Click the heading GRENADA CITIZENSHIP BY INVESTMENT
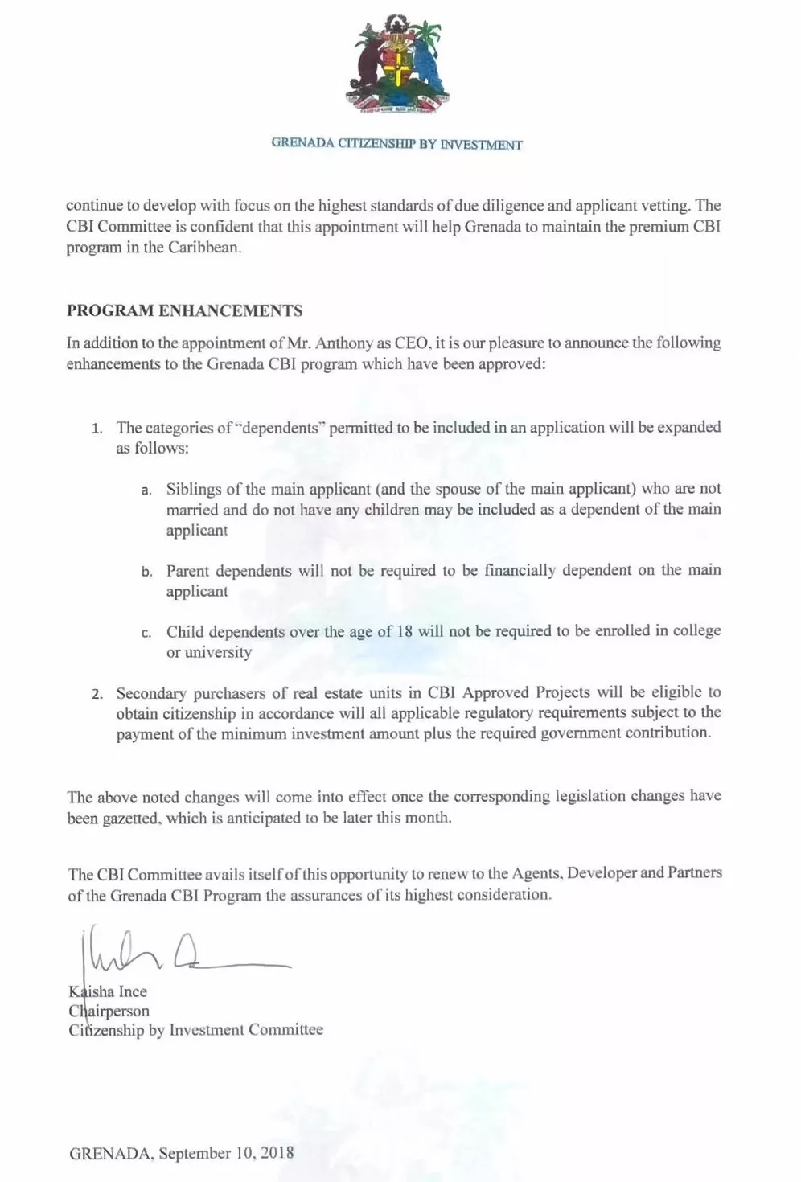(x=396, y=145)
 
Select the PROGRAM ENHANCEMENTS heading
(x=184, y=311)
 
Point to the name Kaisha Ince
(x=108, y=991)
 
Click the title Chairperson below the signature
(x=109, y=1011)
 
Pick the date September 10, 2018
(x=226, y=1153)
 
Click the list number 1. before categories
(x=97, y=429)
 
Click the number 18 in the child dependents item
(x=405, y=631)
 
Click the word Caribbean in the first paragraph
(x=204, y=248)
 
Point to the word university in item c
(x=218, y=652)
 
